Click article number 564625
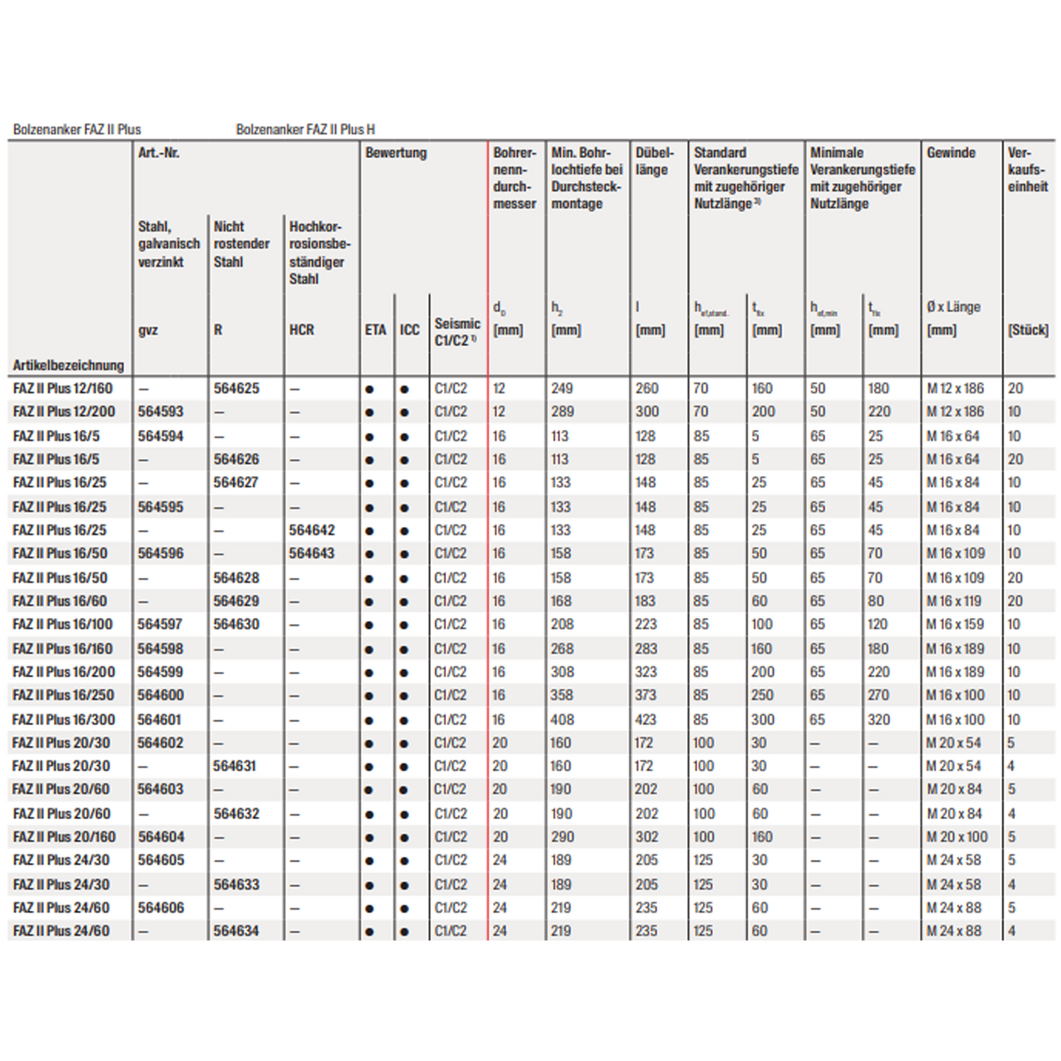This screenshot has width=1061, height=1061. click(x=236, y=388)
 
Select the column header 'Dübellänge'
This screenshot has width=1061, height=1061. click(x=654, y=161)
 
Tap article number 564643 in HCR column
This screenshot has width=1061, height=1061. click(x=311, y=553)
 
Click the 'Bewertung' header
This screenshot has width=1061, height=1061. click(x=395, y=153)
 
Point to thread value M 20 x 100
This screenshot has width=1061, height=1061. click(x=956, y=837)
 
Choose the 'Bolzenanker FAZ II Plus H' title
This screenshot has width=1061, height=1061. click(x=305, y=129)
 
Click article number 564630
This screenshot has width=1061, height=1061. click(x=236, y=624)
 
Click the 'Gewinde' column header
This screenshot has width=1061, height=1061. click(x=951, y=153)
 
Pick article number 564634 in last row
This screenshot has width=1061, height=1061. click(x=236, y=931)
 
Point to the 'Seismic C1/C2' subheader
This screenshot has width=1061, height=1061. click(x=457, y=332)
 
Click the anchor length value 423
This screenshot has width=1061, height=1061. click(x=646, y=719)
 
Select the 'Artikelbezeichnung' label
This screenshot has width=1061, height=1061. click(x=68, y=365)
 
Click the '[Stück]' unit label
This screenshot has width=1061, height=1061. click(x=1028, y=330)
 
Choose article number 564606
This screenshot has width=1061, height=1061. click(x=161, y=908)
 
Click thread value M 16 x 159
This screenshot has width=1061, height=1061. click(x=955, y=624)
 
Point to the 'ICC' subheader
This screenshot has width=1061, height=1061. click(x=410, y=330)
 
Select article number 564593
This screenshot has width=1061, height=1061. click(x=161, y=412)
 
